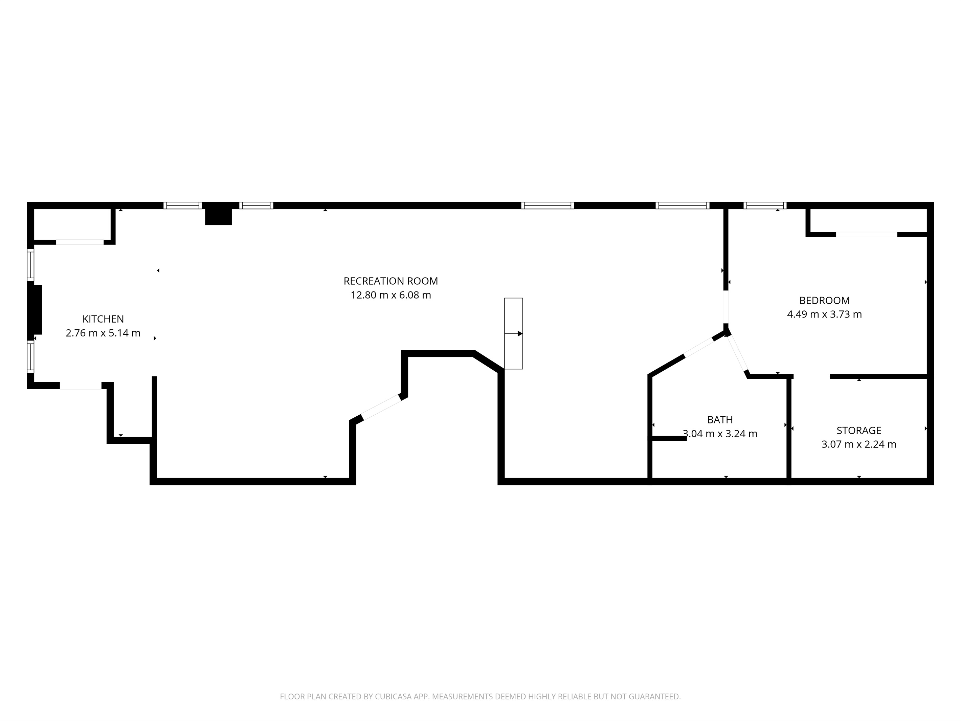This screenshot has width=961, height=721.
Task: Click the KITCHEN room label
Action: click(x=103, y=319)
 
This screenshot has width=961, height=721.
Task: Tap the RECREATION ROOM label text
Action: click(x=390, y=281)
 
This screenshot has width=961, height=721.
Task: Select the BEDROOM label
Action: click(x=824, y=300)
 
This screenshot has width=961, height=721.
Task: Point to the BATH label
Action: click(x=720, y=419)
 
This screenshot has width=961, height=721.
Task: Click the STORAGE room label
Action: click(x=858, y=430)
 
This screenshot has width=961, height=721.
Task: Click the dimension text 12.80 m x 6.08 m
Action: click(x=390, y=295)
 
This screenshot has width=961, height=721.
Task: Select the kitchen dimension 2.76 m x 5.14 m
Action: click(x=103, y=333)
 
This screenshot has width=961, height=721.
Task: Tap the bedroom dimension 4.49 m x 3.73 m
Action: click(x=824, y=314)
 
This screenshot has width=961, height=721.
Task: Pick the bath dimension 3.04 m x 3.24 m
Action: click(x=720, y=433)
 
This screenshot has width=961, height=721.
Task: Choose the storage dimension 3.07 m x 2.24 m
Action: click(x=858, y=444)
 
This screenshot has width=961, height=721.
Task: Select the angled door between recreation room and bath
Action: click(x=699, y=347)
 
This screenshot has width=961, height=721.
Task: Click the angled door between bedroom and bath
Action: click(x=738, y=353)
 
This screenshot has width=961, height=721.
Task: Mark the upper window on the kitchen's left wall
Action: click(x=30, y=264)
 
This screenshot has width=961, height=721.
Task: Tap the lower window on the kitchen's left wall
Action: click(x=30, y=356)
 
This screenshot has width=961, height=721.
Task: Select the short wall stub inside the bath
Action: click(x=669, y=438)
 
